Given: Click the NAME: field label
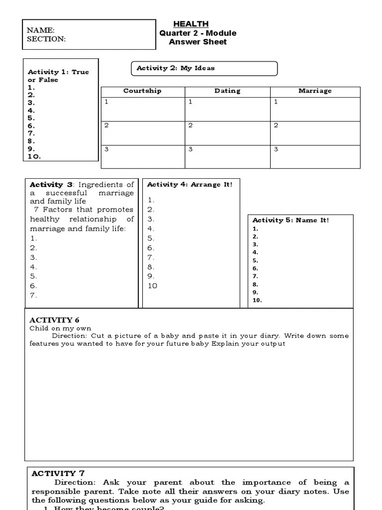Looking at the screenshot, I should [x=41, y=30].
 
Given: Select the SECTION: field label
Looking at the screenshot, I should [x=46, y=39].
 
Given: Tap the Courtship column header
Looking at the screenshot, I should [x=142, y=91].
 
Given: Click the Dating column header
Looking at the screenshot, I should [x=227, y=91].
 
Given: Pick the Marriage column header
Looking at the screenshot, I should [x=315, y=91].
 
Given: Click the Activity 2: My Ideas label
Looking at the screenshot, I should [x=176, y=68].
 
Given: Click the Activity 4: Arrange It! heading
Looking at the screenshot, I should [x=190, y=184].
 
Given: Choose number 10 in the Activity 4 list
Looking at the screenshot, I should [x=152, y=286].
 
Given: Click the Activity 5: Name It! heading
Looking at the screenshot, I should [x=290, y=220].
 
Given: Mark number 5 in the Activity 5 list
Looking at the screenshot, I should [x=256, y=260].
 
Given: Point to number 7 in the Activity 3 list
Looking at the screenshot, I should [x=33, y=295].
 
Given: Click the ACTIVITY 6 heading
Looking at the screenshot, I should [x=54, y=320].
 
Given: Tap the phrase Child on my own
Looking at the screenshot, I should [x=53, y=328].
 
